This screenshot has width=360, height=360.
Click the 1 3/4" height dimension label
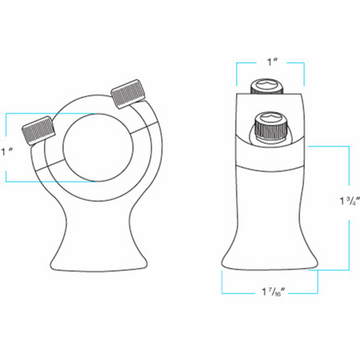pyautogui.click(x=350, y=201)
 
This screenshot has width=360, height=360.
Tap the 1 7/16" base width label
pyautogui.click(x=271, y=292)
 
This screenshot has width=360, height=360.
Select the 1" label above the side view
pyautogui.click(x=272, y=62)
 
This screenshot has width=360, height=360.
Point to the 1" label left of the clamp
pyautogui.click(x=7, y=152)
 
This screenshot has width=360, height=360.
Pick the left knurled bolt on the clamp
pyautogui.click(x=38, y=131)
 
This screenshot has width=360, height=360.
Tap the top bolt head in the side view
pyautogui.click(x=266, y=86)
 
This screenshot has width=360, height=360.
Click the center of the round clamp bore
pyautogui.click(x=98, y=148)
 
